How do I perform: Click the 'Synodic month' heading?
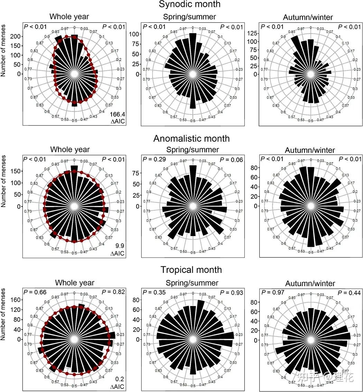point(189,5)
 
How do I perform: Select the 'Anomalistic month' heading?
point(191,138)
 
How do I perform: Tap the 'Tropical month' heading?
point(191,269)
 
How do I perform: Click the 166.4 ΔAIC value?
point(117,115)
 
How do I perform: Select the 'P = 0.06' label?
point(232,159)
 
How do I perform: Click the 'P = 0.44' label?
point(350,293)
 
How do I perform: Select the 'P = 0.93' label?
point(232,293)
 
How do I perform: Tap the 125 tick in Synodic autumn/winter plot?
point(253,33)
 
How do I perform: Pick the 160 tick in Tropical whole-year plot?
point(17,300)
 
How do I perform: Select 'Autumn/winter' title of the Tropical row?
point(310,284)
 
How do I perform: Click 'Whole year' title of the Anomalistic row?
point(70,150)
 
